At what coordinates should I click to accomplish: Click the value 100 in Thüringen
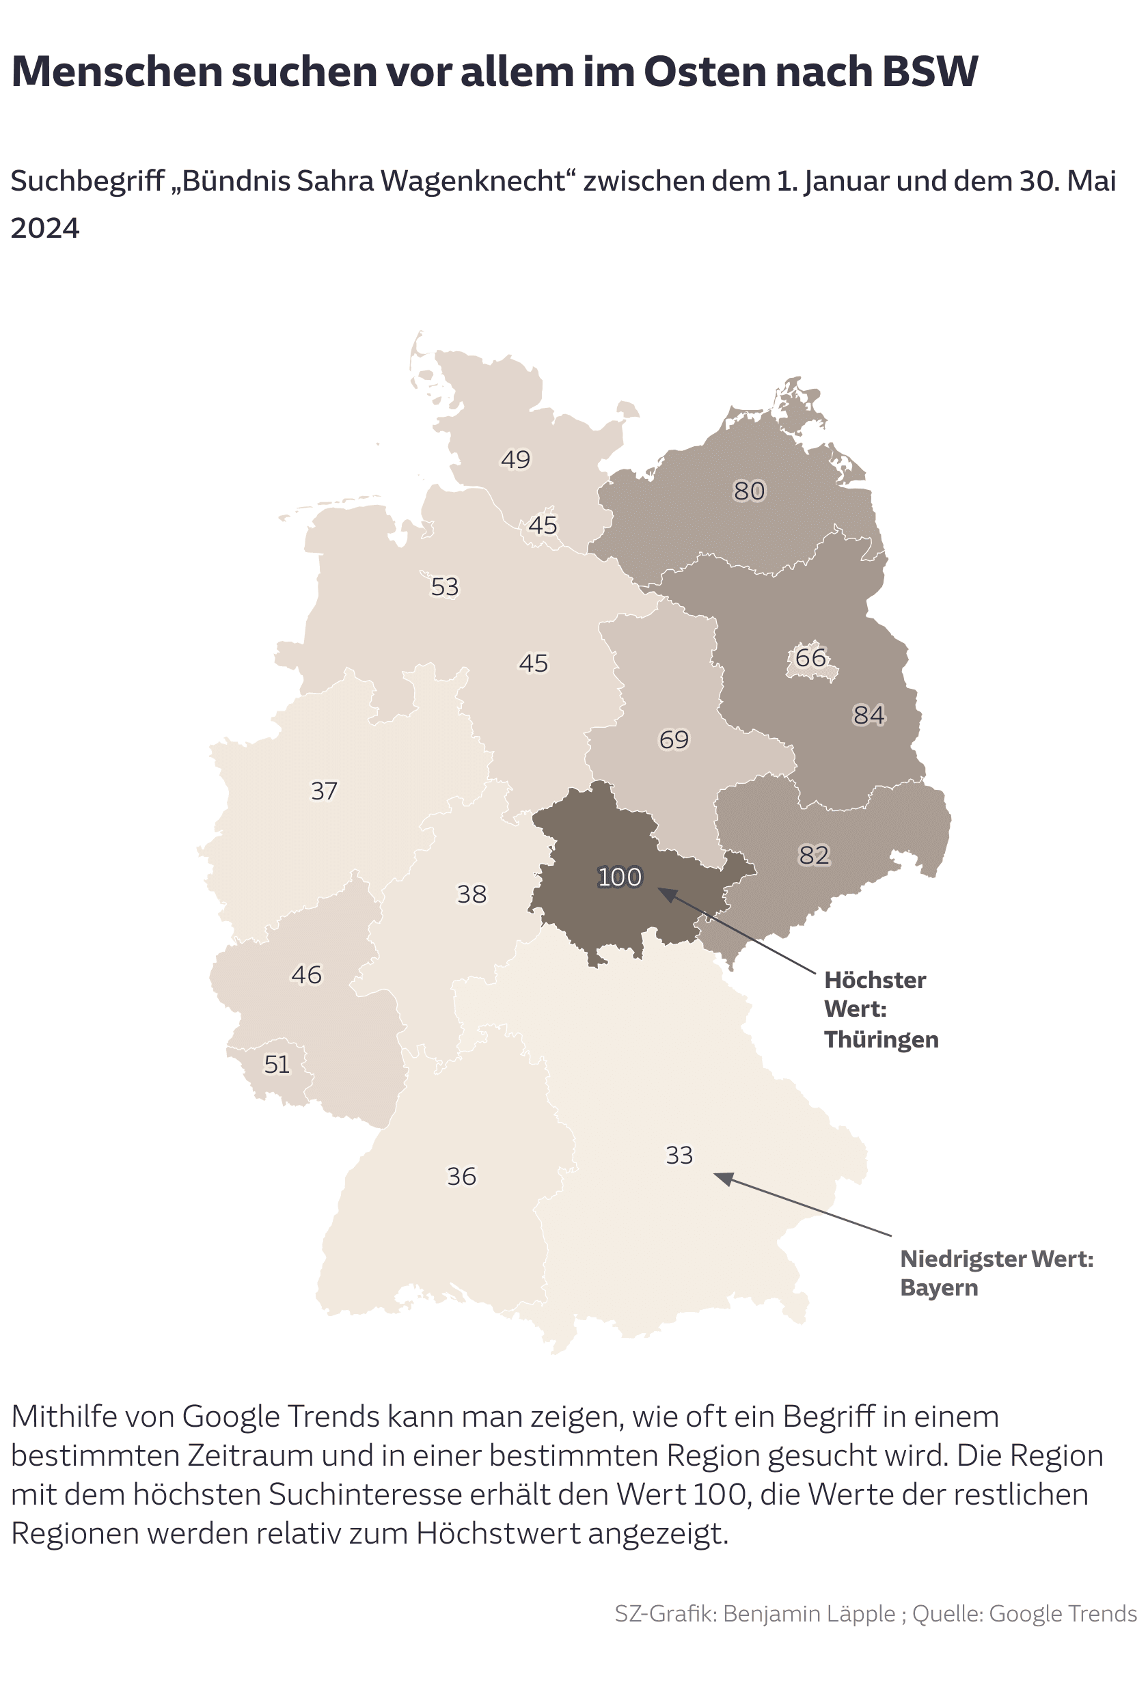coord(619,877)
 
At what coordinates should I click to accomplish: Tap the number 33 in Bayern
coord(679,1155)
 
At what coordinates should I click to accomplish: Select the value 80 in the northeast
coord(749,491)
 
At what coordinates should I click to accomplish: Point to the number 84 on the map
coord(869,715)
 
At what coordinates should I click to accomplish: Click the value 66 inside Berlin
coord(810,657)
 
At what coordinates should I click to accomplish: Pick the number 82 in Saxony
coord(813,856)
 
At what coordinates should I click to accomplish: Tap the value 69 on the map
coord(674,739)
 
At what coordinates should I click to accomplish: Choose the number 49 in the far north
coord(516,459)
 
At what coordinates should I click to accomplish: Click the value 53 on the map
coord(445,586)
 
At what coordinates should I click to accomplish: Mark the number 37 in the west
coord(324,791)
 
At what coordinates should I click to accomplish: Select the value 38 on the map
coord(471,894)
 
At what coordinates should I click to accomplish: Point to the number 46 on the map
coord(306,975)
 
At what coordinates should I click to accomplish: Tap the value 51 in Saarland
coord(277,1064)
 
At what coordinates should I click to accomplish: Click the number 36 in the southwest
coord(461,1176)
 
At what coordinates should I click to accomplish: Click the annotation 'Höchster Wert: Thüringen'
coord(881,1009)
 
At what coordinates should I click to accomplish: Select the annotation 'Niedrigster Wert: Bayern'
coord(996,1272)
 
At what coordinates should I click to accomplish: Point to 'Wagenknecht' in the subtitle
coord(473,181)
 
